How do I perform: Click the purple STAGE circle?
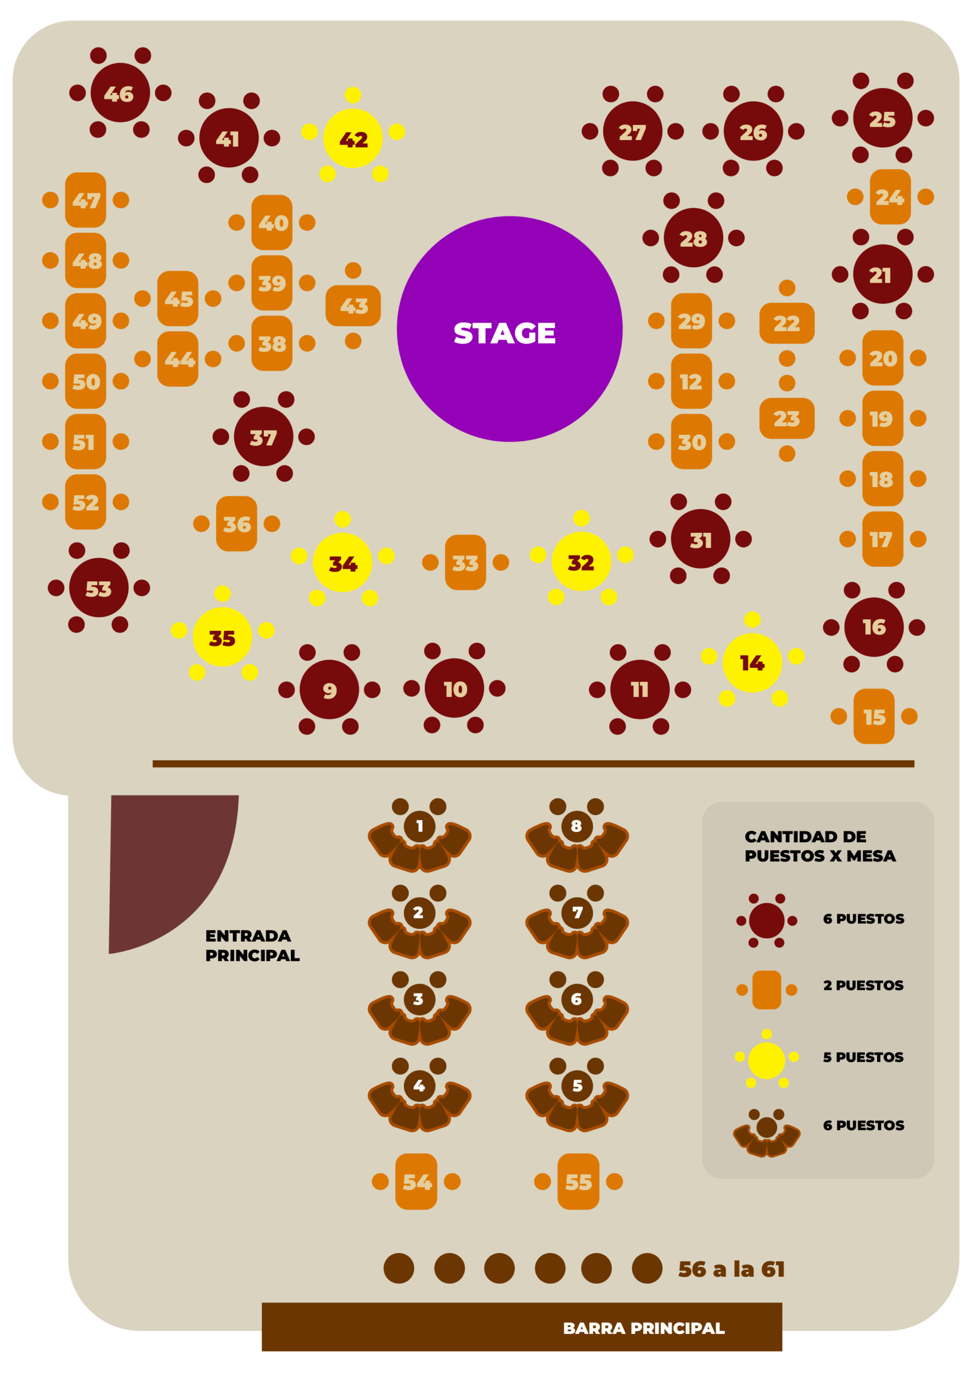[x=509, y=329]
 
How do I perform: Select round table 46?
[x=120, y=93]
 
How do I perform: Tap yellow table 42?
[x=353, y=139]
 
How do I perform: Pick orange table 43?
[x=353, y=306]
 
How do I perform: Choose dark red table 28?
[x=694, y=238]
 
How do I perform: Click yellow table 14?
[x=752, y=663]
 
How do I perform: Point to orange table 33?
[x=465, y=563]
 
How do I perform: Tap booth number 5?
[x=577, y=1086]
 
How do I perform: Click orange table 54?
[x=416, y=1182]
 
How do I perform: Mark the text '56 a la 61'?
[x=731, y=1269]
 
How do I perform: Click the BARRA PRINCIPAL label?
[x=643, y=1328]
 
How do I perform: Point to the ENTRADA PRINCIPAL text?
[x=251, y=945]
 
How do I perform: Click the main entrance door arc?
[x=163, y=862]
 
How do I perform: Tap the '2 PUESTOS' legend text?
[x=863, y=985]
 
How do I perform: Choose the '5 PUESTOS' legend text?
[x=863, y=1057]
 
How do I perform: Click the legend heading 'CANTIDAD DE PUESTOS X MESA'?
[x=820, y=846]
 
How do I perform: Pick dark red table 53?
[x=99, y=588]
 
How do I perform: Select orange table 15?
[x=874, y=716]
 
